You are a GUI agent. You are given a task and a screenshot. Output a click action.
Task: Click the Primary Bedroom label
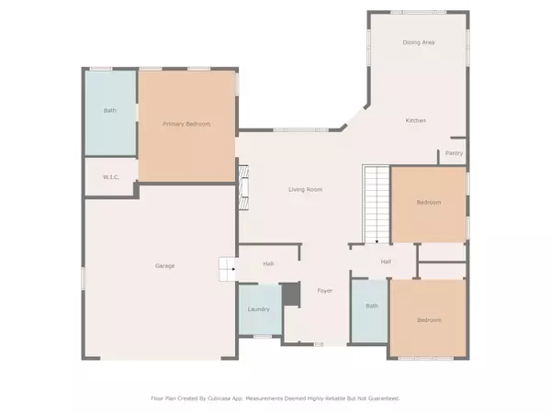tap(186, 124)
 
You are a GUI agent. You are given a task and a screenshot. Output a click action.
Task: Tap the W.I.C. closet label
tap(111, 177)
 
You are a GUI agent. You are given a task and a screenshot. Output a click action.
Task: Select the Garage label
tap(164, 266)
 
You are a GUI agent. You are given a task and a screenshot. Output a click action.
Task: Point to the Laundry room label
tap(259, 309)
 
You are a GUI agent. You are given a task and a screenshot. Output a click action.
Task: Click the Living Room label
tap(306, 190)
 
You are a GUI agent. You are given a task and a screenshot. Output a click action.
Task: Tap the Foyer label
tap(325, 291)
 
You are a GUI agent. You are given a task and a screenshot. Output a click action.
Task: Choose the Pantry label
tap(454, 153)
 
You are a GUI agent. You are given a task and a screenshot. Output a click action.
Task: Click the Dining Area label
tap(419, 42)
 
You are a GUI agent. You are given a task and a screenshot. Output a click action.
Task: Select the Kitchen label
tap(416, 120)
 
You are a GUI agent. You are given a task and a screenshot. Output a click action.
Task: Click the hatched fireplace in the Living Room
tap(244, 188)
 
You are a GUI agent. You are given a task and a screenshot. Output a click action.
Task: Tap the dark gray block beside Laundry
tap(291, 294)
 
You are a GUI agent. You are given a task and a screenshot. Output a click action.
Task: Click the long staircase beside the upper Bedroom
tap(377, 205)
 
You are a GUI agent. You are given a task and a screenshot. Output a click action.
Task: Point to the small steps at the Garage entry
tap(227, 269)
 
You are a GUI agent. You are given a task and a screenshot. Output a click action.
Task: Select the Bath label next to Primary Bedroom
tap(110, 110)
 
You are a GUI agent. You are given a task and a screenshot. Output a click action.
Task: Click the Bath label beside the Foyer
tap(372, 306)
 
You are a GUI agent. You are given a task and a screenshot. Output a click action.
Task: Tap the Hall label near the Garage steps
tap(268, 263)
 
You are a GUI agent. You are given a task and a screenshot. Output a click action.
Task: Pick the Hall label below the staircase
tap(386, 262)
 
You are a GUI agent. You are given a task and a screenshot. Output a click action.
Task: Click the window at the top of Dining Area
tap(419, 12)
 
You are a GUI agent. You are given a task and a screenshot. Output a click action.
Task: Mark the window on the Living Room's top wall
tap(301, 130)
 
